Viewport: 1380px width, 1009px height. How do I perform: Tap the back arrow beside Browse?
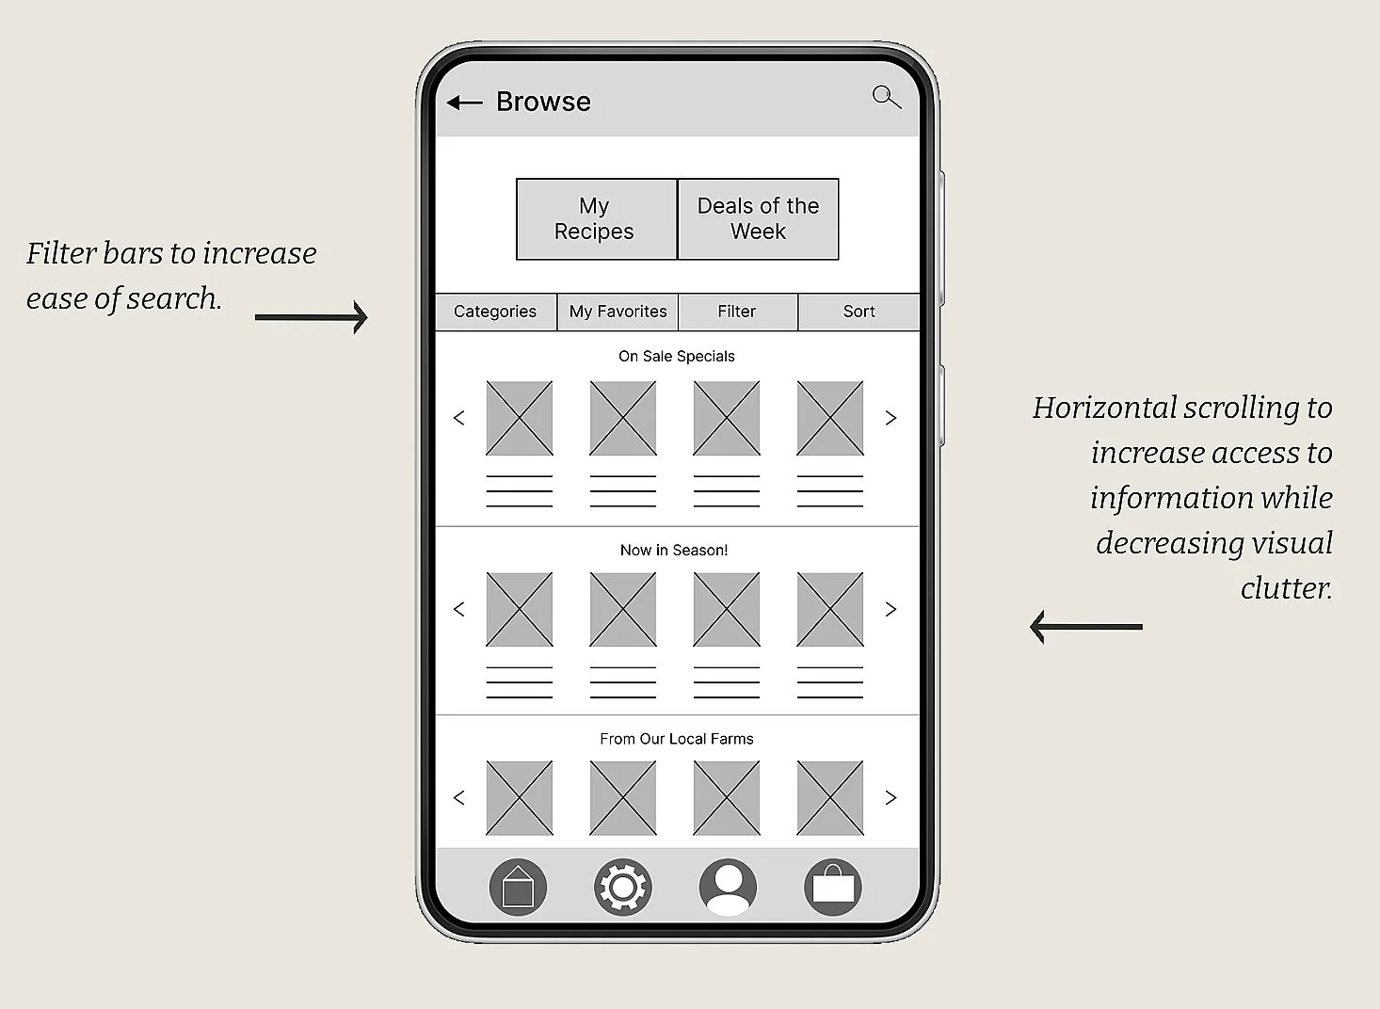(x=464, y=103)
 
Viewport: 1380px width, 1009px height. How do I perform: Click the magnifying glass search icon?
(x=886, y=97)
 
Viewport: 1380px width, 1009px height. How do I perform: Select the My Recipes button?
(x=596, y=218)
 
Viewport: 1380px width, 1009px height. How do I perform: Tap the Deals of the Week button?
(x=758, y=218)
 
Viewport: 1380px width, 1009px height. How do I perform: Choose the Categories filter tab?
(x=495, y=312)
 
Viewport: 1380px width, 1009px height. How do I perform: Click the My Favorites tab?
(x=618, y=312)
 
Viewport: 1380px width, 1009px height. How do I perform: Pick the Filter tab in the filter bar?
(x=736, y=312)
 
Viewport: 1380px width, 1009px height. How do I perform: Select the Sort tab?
(x=858, y=312)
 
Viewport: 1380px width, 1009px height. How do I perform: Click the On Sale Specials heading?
(x=676, y=356)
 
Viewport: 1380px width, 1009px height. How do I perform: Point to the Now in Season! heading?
(x=674, y=550)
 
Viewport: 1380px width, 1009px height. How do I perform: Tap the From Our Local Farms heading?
(x=676, y=739)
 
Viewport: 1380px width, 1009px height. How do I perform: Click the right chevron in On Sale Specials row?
(x=891, y=418)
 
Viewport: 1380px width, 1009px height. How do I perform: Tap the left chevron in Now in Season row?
(x=459, y=609)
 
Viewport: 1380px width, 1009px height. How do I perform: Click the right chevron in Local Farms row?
(x=891, y=798)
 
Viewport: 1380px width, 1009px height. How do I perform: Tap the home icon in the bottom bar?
(x=518, y=887)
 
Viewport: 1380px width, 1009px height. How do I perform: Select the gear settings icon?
(x=622, y=887)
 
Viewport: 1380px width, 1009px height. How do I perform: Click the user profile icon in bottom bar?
(x=728, y=887)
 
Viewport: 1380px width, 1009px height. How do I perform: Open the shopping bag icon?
(x=833, y=887)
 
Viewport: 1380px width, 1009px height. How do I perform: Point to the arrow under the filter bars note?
(x=311, y=317)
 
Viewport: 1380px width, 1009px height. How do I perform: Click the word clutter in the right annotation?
(x=1286, y=588)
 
